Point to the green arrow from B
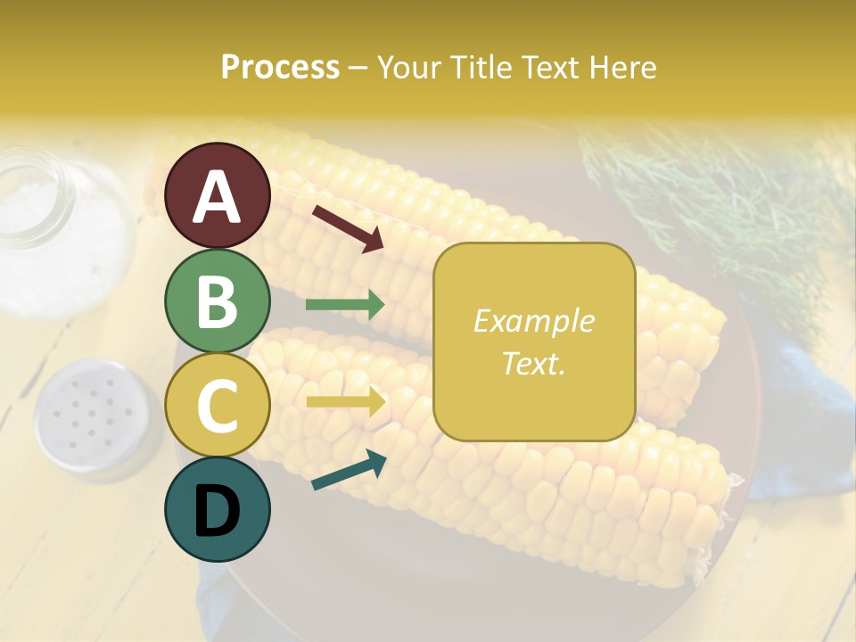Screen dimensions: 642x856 click(x=345, y=305)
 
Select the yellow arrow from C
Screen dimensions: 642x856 click(x=345, y=402)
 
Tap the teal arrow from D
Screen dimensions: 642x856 click(x=349, y=470)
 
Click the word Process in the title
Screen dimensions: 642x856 click(x=280, y=67)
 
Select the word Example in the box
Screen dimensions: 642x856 click(x=533, y=321)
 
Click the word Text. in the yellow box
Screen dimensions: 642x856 click(x=533, y=363)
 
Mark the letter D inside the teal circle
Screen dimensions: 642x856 click(x=218, y=512)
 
